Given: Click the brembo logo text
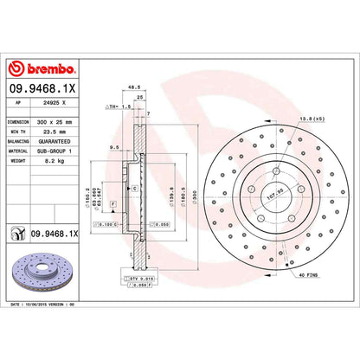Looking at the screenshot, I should click(x=42, y=68).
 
